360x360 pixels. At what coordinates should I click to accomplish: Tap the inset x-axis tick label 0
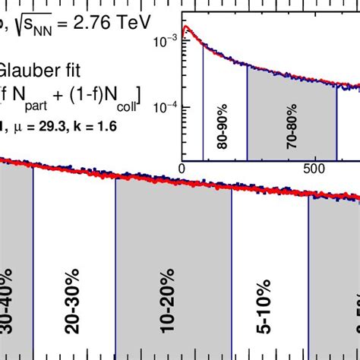point(182,168)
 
